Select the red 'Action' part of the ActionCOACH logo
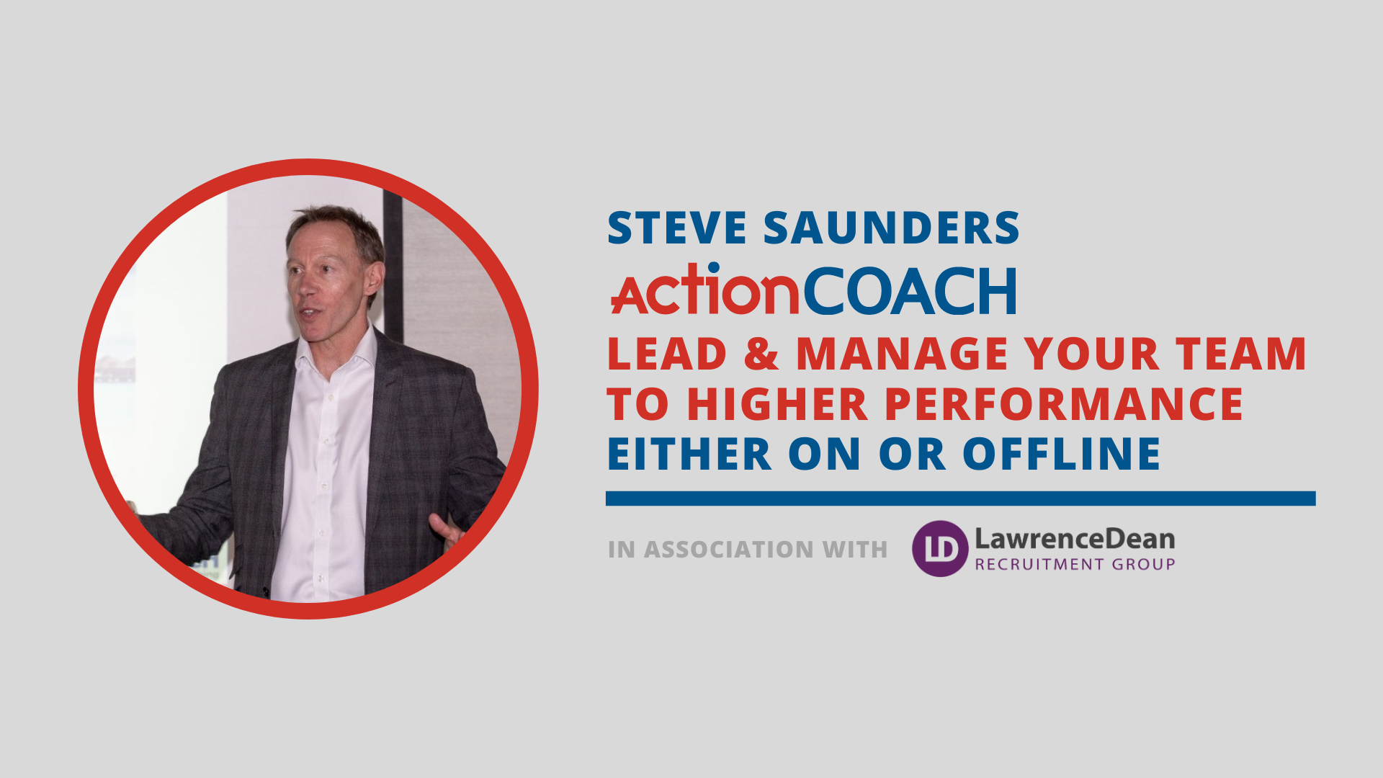(x=704, y=289)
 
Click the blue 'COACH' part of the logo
(x=909, y=291)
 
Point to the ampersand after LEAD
(x=761, y=353)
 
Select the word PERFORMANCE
(x=1064, y=403)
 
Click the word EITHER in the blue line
(x=689, y=454)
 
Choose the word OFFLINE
(x=1062, y=454)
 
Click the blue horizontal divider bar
(x=960, y=498)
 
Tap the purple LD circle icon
(x=940, y=548)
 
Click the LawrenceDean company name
(x=1075, y=539)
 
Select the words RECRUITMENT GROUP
(x=1075, y=564)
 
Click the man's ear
(x=373, y=280)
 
